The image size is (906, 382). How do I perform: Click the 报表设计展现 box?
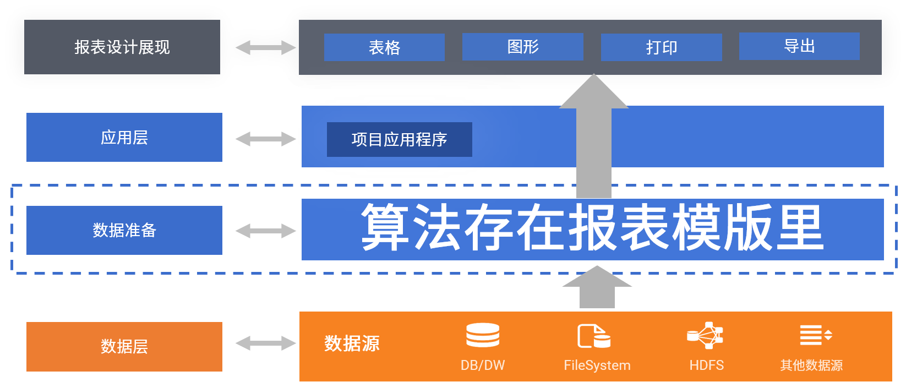[x=122, y=47]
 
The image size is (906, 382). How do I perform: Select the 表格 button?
[x=384, y=47]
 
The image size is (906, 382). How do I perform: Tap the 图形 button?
[x=522, y=47]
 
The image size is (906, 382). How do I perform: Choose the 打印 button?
[x=661, y=47]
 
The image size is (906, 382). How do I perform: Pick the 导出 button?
[x=799, y=46]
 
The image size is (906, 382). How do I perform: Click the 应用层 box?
[x=124, y=138]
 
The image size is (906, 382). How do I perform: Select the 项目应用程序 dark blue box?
[x=400, y=140]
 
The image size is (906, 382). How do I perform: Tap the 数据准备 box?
[x=124, y=230]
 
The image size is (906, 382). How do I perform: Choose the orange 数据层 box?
[x=124, y=346]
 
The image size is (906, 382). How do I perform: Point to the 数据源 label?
[x=352, y=343]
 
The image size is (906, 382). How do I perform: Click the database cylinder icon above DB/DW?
[x=483, y=335]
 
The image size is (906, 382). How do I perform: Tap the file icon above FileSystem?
[x=593, y=336]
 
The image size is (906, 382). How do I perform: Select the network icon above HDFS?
[x=706, y=335]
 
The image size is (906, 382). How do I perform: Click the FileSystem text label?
[x=597, y=365]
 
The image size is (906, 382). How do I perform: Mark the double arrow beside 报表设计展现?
[x=266, y=48]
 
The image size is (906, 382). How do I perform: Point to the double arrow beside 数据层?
[x=266, y=343]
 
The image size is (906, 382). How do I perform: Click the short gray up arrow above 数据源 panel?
[x=597, y=288]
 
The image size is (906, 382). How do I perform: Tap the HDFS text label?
[x=706, y=365]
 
